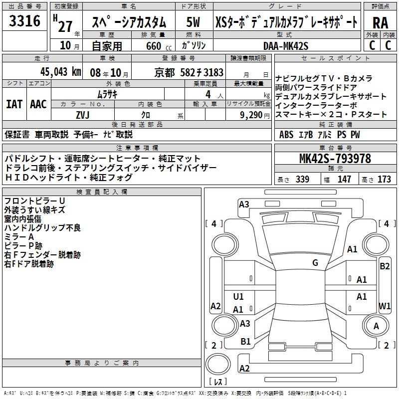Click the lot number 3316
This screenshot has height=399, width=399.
(25, 21)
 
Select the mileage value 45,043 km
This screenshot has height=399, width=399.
(56, 72)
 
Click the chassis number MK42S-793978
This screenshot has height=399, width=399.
(335, 159)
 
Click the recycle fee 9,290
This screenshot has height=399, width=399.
(251, 115)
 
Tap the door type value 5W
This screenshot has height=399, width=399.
(193, 22)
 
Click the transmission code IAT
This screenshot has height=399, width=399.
(14, 104)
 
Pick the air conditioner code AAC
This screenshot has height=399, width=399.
(38, 104)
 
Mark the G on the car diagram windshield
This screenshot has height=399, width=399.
(315, 263)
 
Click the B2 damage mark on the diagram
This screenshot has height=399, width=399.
(385, 266)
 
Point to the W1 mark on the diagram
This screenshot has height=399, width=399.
(385, 305)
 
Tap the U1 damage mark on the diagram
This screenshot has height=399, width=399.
(238, 297)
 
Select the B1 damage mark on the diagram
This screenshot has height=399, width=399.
(245, 342)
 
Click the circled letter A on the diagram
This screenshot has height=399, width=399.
(377, 326)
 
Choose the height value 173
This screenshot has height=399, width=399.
(385, 180)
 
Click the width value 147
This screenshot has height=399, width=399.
(344, 180)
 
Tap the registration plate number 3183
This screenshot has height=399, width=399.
(213, 72)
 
